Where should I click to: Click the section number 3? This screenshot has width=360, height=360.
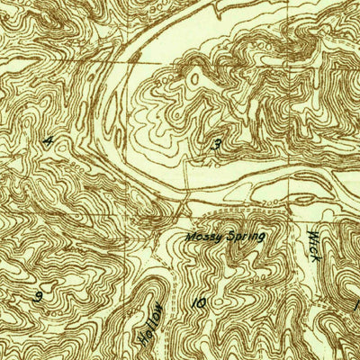point(217,143)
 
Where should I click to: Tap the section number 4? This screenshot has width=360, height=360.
point(47,140)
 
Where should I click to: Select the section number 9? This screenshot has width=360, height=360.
point(39,295)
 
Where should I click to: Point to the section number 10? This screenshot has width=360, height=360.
point(197,303)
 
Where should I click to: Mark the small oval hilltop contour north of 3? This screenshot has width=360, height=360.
point(193,80)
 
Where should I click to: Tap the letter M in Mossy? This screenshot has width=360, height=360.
point(190,238)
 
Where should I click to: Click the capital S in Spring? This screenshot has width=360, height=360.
point(229,237)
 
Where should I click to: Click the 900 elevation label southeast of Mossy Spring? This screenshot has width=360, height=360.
point(270,270)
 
